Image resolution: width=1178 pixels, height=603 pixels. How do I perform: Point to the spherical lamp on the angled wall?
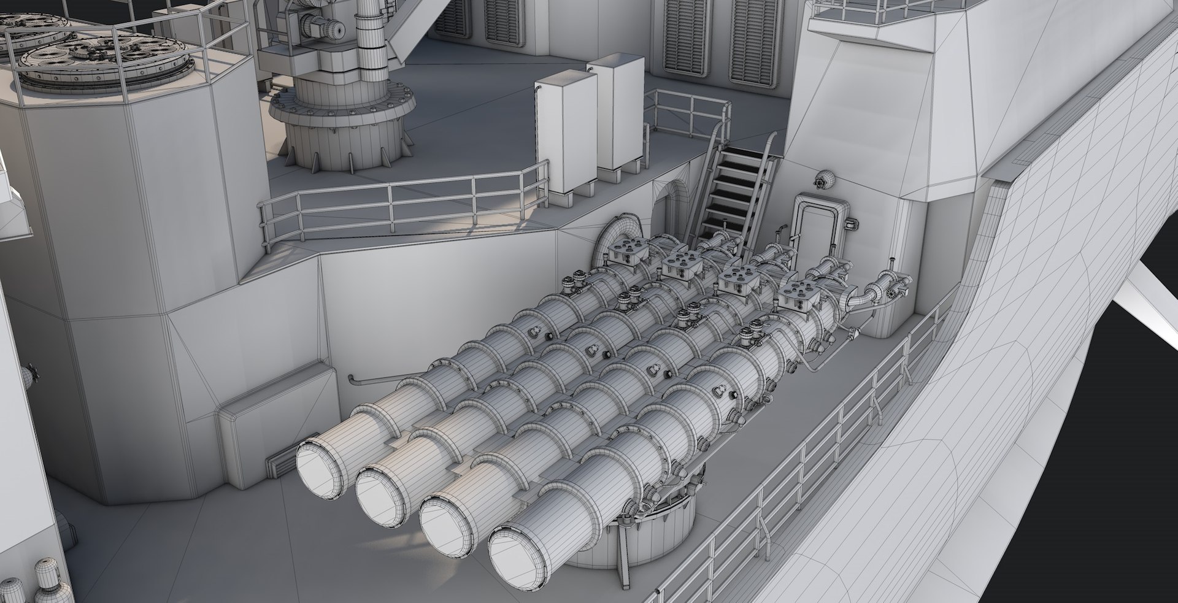824,179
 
